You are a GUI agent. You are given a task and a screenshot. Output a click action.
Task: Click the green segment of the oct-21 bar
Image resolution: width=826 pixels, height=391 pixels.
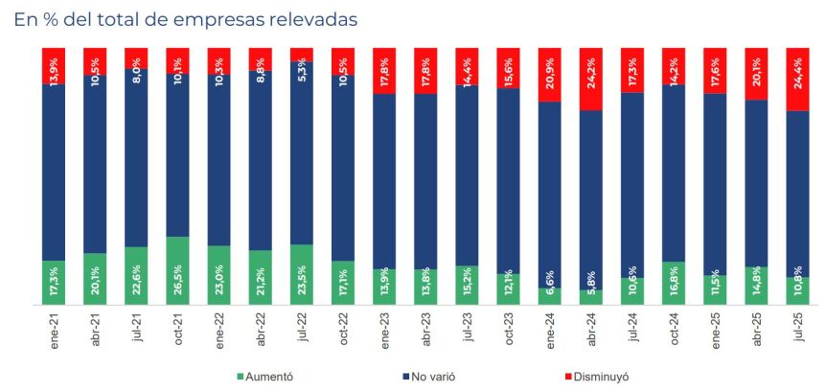[178, 270]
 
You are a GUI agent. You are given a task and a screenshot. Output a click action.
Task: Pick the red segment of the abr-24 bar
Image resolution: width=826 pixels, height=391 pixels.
[591, 79]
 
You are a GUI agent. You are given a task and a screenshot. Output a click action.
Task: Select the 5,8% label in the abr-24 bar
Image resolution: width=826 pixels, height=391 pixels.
[592, 286]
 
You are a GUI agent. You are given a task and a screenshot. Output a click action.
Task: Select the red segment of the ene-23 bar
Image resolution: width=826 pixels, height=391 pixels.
[385, 70]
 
